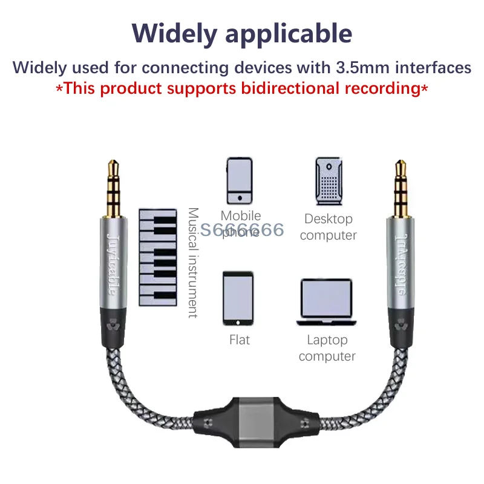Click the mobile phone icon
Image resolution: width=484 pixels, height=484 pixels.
click(x=239, y=181)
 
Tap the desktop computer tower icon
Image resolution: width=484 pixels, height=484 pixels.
click(x=329, y=181)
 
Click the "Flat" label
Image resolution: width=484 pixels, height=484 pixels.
click(x=240, y=340)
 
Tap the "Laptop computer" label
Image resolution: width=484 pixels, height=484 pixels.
click(x=327, y=348)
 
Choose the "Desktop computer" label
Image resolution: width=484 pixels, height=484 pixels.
click(x=329, y=227)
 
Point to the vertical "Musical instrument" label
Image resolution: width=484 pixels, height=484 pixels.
click(x=192, y=263)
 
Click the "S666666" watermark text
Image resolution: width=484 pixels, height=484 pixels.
click(x=243, y=230)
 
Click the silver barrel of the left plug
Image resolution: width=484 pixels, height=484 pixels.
click(x=113, y=260)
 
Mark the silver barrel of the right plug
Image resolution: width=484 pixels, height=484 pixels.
click(x=399, y=260)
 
